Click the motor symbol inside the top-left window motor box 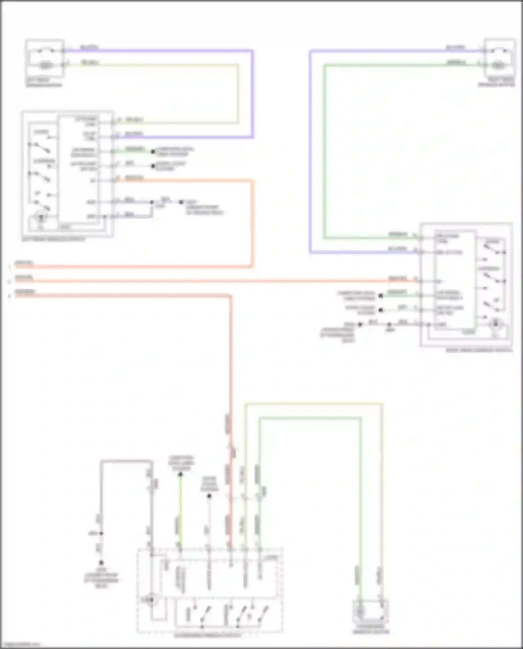click(45, 65)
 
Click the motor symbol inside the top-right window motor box click(499, 65)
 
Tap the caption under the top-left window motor click(44, 83)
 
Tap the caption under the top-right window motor click(497, 83)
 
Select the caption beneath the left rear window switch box click(53, 240)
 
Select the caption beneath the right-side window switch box click(479, 350)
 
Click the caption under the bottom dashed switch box click(208, 635)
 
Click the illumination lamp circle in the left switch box click(41, 218)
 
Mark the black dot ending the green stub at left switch click(153, 151)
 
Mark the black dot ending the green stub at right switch click(381, 296)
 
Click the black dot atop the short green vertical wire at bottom click(180, 475)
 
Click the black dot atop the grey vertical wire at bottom click(209, 496)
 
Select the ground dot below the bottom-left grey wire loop click(101, 563)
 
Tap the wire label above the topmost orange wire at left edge click(24, 263)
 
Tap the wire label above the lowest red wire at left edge click(24, 292)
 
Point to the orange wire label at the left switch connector click(134, 178)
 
